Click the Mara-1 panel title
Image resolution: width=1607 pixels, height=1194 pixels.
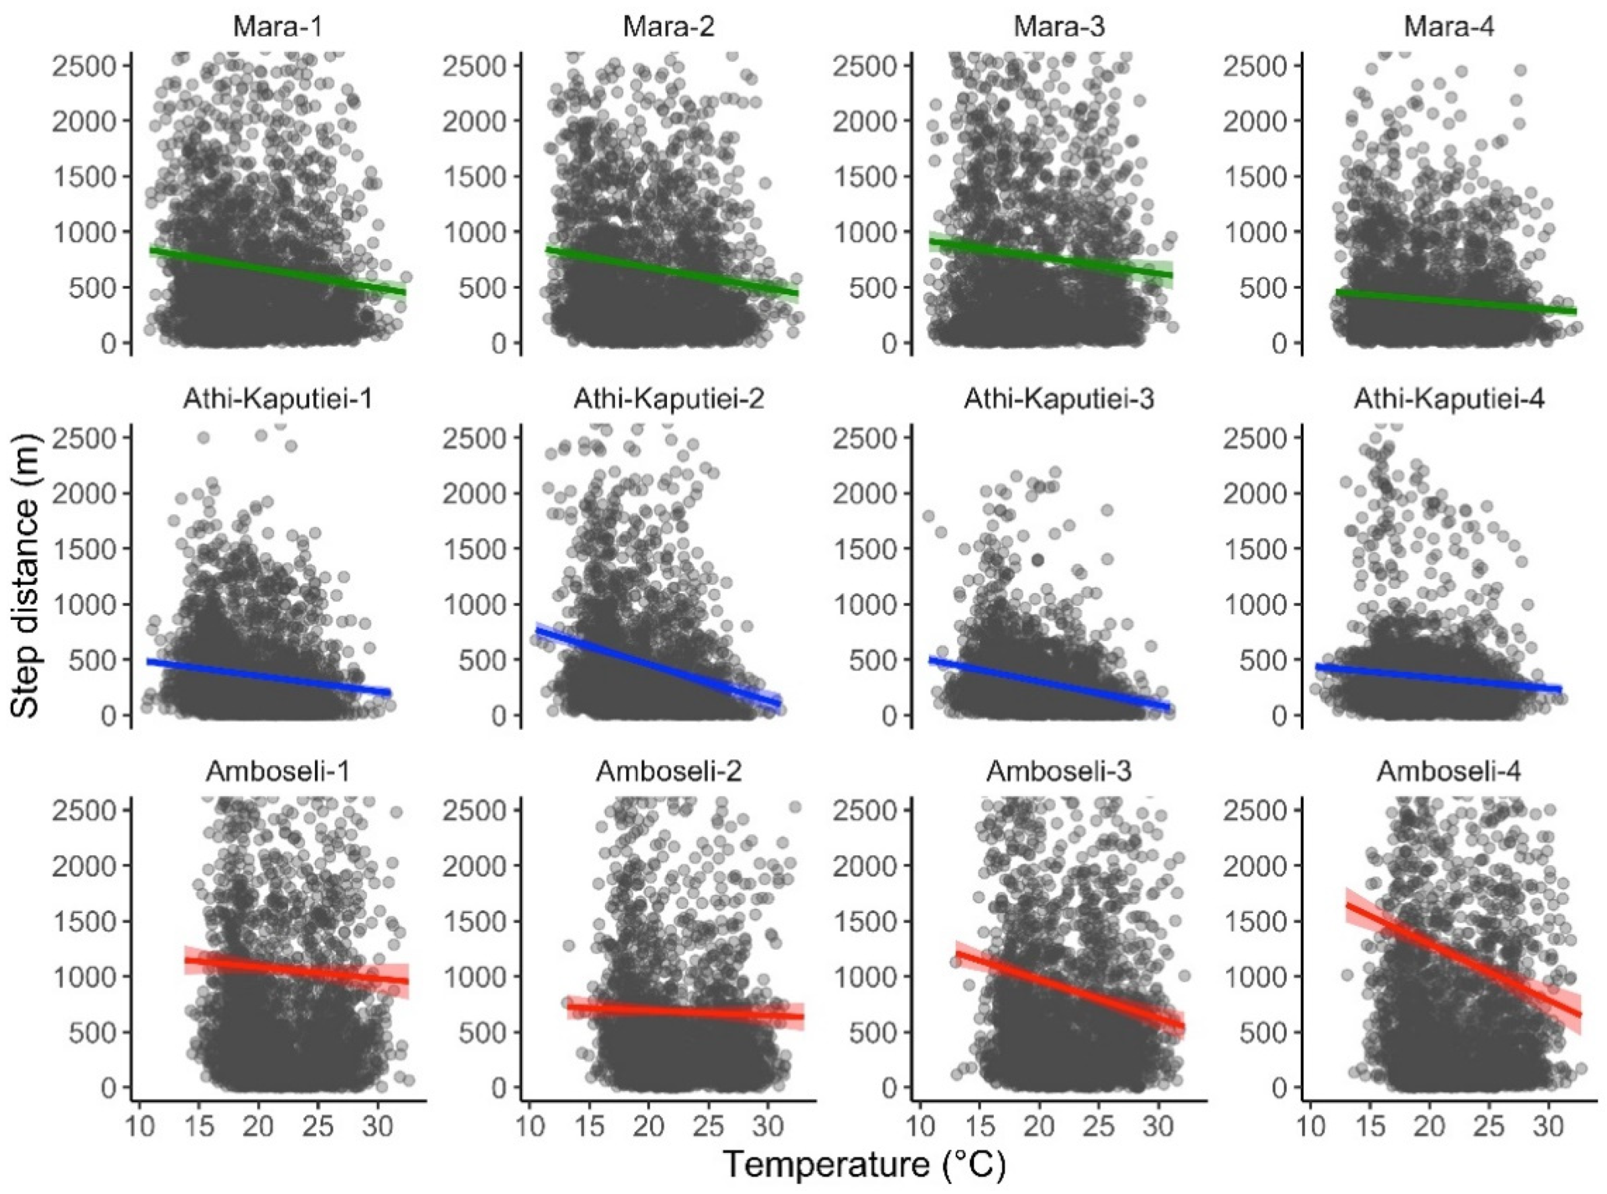(278, 27)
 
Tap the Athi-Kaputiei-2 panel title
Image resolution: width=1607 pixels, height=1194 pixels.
(669, 399)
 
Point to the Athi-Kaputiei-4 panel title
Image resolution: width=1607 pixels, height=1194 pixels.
(1449, 399)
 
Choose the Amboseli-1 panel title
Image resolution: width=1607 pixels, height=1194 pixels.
(278, 771)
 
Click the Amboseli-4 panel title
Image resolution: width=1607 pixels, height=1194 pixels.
(1449, 771)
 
